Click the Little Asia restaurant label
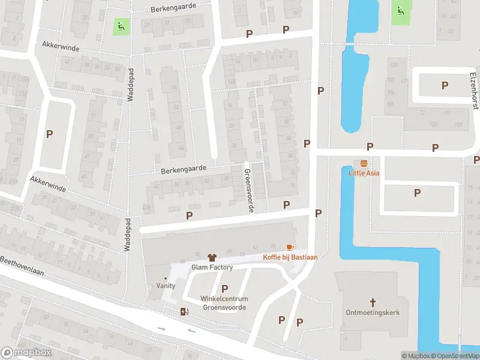[x=364, y=173]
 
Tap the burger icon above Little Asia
[x=364, y=163]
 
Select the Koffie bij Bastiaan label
[x=290, y=257]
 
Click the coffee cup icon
[x=290, y=247]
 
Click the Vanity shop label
[x=166, y=286]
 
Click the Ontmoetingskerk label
[x=373, y=313]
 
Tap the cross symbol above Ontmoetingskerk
[x=373, y=302]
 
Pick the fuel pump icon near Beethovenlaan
[x=184, y=311]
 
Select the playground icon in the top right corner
[x=400, y=10]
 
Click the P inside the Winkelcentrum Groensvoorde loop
[x=224, y=289]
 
